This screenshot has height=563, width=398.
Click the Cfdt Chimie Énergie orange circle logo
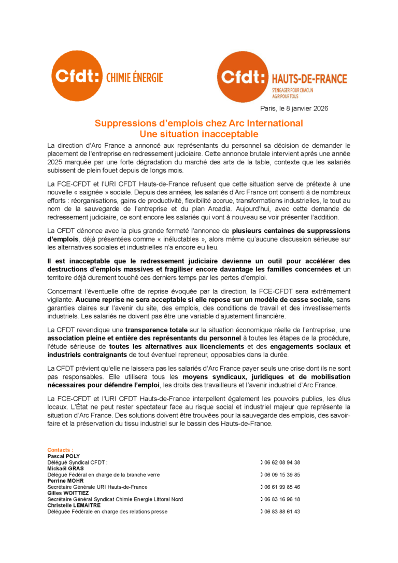point(77,76)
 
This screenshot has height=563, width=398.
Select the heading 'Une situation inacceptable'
point(199,134)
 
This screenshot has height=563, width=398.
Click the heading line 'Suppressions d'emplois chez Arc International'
point(199,124)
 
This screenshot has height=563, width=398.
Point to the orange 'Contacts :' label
point(60,450)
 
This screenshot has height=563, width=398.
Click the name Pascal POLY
point(64,456)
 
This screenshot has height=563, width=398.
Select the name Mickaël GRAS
point(66,468)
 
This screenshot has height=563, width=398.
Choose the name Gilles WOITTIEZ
point(68,493)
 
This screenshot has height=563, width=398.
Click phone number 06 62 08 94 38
point(282,462)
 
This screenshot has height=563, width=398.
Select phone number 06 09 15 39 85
point(282,474)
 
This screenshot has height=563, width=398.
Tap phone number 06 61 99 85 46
point(282,487)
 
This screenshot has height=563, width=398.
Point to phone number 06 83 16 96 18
point(282,499)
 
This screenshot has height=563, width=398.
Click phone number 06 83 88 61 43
point(282,512)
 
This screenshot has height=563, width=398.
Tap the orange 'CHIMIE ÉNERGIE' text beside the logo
point(134,78)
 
